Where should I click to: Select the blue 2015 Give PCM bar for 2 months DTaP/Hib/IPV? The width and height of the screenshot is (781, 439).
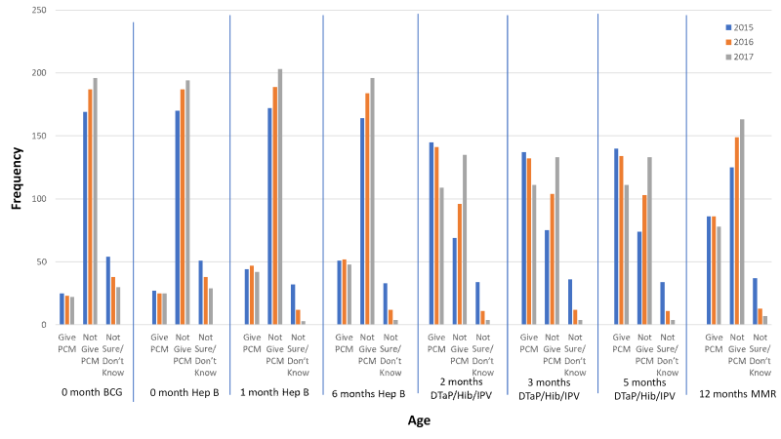click(x=431, y=233)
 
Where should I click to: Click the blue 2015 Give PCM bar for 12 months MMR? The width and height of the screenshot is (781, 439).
click(x=709, y=270)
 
